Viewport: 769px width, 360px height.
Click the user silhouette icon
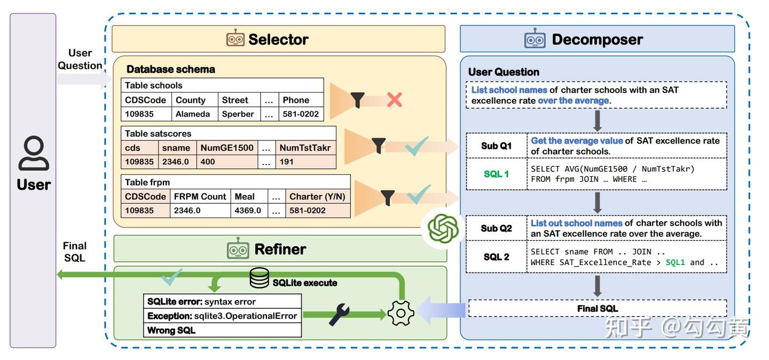tap(34, 153)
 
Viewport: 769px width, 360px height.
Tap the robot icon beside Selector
tap(236, 39)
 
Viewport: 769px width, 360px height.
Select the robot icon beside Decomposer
tap(535, 39)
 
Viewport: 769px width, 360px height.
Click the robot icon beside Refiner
tap(238, 249)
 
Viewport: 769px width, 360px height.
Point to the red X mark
tap(394, 99)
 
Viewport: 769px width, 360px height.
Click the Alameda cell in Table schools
tap(191, 114)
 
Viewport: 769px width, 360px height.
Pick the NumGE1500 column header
tap(227, 148)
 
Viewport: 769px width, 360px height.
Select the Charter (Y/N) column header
tap(317, 197)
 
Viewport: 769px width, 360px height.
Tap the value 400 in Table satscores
tap(208, 162)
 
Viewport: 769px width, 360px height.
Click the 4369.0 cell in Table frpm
tap(248, 210)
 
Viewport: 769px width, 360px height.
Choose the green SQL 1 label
tap(496, 174)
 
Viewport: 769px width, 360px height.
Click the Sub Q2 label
tap(496, 228)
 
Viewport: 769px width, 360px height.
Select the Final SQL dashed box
tap(597, 308)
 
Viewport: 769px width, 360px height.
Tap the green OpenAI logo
tap(443, 230)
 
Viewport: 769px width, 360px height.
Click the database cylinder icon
tap(260, 278)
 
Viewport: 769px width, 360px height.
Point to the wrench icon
tap(339, 315)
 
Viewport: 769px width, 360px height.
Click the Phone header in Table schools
tap(296, 100)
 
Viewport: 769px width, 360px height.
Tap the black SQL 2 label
tap(496, 257)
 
